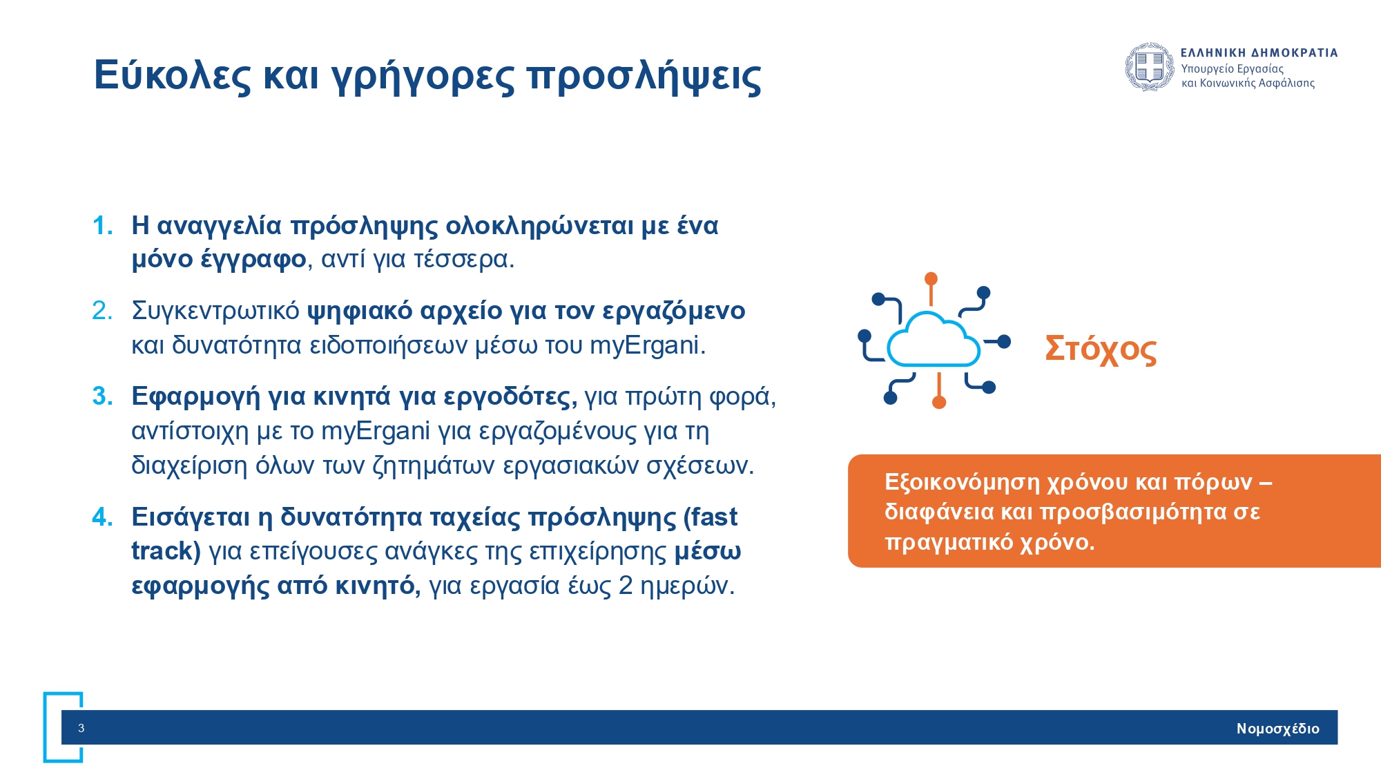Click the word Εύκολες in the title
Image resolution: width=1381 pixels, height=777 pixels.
tap(173, 75)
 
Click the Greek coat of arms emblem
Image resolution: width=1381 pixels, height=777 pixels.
tap(1150, 67)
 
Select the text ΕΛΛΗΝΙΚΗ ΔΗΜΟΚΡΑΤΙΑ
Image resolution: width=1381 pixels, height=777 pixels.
tap(1259, 52)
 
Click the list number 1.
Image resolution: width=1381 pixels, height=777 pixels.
tap(102, 226)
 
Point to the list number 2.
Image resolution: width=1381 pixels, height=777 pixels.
tap(102, 311)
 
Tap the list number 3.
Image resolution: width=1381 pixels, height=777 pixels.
tap(102, 396)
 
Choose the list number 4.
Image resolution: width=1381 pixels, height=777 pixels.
tap(102, 517)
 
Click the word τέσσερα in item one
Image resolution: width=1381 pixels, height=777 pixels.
tap(464, 260)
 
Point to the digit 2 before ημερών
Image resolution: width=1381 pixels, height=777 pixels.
tap(626, 586)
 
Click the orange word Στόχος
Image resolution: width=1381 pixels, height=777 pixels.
tap(1101, 349)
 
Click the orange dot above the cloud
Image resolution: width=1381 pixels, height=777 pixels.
tap(931, 278)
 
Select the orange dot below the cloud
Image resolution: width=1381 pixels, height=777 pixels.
tap(939, 402)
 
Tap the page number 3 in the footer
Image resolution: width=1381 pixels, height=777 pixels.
tap(81, 728)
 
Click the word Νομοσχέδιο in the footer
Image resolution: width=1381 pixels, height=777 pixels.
tap(1278, 729)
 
